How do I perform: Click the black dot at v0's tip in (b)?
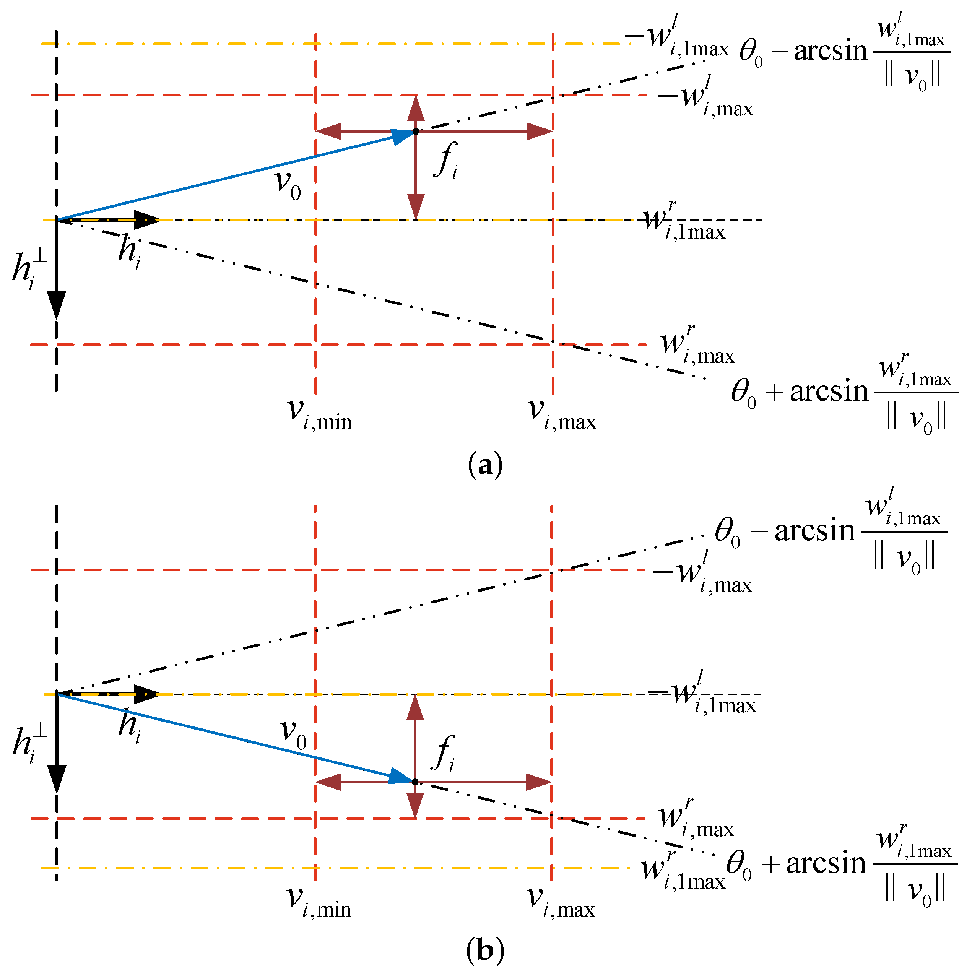point(415,782)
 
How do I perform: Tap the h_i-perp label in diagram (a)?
point(29,270)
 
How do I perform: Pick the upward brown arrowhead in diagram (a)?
point(416,107)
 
